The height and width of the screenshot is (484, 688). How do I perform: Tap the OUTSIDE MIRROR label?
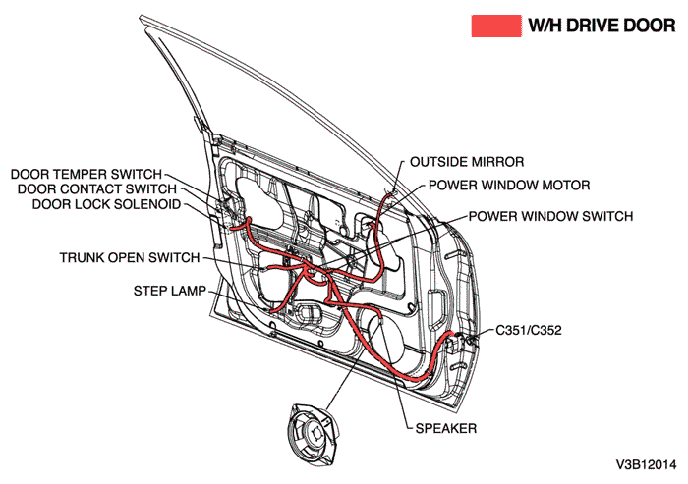pos(467,161)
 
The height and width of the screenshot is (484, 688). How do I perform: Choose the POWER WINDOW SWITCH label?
pos(550,216)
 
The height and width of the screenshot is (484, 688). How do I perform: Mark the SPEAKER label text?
pos(446,428)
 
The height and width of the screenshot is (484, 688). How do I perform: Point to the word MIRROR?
pos(499,161)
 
